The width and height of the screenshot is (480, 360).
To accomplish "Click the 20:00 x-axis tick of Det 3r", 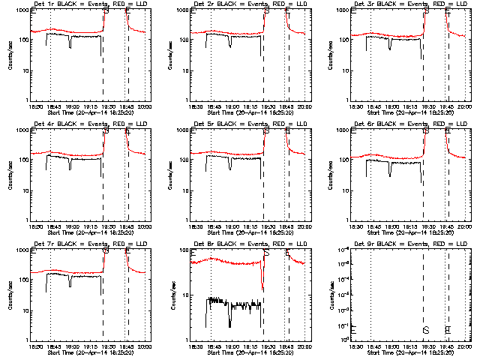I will point(465,106).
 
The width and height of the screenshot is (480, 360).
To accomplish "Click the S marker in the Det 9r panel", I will point(426,330).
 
